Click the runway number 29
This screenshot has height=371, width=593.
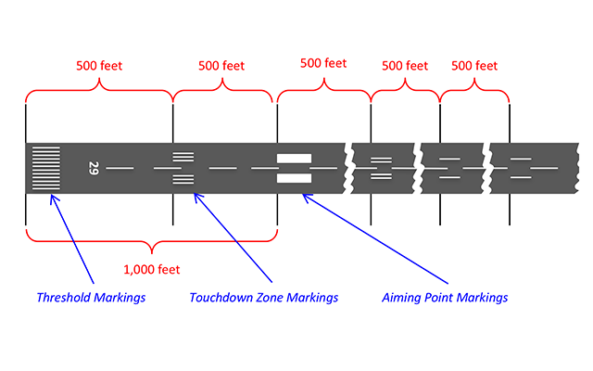94,168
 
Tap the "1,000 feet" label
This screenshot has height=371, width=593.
151,269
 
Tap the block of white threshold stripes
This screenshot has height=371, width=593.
44,168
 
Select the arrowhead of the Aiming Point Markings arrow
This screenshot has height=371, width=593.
305,196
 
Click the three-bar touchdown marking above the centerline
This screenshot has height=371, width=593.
184,156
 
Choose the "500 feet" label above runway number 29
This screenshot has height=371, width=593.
99,66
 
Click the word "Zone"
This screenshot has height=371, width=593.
272,298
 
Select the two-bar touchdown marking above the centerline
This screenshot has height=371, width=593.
382,160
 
